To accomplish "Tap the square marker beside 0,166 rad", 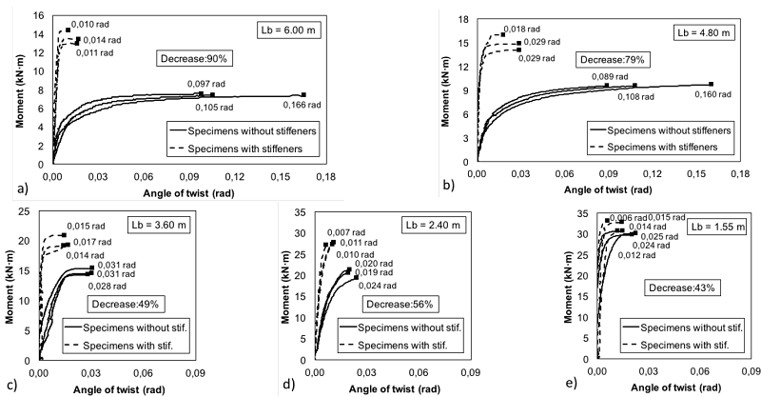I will [303, 94].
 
